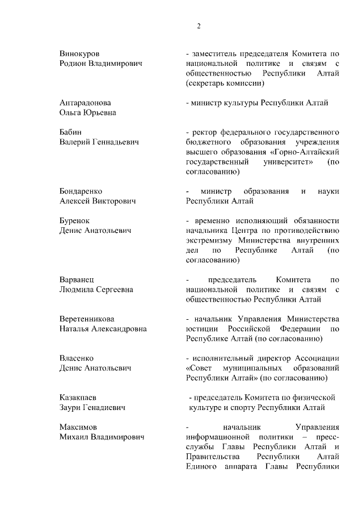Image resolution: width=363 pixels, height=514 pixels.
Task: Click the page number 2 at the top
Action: pos(199,26)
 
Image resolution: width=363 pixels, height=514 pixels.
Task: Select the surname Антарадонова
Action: pos(85,103)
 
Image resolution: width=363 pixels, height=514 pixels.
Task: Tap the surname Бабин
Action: pos(71,132)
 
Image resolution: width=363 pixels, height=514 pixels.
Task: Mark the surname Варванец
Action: pos(76,279)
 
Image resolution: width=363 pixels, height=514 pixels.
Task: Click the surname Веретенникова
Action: pos(87,319)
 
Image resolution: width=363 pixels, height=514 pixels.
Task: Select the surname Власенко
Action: pos(76,358)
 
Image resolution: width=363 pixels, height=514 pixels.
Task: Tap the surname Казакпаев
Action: pos(79,397)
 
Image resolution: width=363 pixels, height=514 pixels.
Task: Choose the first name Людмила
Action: pos(78,290)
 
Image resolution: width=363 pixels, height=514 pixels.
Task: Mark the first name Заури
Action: pos(71,407)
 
